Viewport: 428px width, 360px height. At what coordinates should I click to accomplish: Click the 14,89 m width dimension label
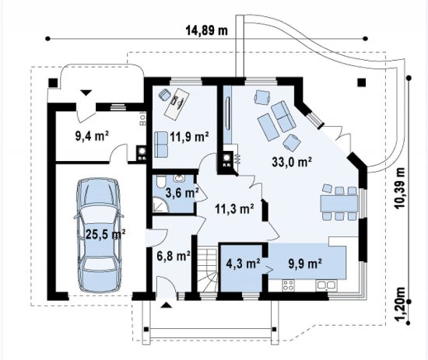pyautogui.click(x=207, y=30)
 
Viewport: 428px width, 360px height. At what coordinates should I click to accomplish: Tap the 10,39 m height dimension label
pyautogui.click(x=399, y=188)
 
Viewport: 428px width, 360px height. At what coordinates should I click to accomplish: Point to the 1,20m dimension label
pyautogui.click(x=400, y=304)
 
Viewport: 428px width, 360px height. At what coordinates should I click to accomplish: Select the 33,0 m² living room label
pyautogui.click(x=292, y=162)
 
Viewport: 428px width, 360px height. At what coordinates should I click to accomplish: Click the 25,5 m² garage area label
pyautogui.click(x=106, y=234)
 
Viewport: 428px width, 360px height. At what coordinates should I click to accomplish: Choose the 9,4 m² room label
pyautogui.click(x=93, y=136)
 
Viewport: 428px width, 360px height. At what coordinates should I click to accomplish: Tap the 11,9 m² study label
pyautogui.click(x=190, y=136)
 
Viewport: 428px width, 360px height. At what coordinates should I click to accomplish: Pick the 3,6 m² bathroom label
pyautogui.click(x=182, y=193)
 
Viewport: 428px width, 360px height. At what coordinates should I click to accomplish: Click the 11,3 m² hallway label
pyautogui.click(x=234, y=208)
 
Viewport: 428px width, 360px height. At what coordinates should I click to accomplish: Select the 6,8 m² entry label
pyautogui.click(x=174, y=256)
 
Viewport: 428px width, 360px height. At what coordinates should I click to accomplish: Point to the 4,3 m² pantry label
pyautogui.click(x=243, y=264)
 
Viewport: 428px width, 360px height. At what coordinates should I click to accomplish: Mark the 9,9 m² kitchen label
pyautogui.click(x=304, y=264)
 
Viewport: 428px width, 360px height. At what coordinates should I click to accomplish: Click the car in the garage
pyautogui.click(x=99, y=236)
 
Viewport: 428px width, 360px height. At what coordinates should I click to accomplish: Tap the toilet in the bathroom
pyautogui.click(x=160, y=182)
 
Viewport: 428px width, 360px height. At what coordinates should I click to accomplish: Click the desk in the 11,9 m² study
pyautogui.click(x=177, y=103)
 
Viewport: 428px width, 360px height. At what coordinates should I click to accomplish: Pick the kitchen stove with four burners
pyautogui.click(x=288, y=285)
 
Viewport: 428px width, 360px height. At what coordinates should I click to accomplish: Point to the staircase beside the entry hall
pyautogui.click(x=208, y=270)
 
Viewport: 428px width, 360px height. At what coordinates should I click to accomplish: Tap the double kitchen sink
pyautogui.click(x=326, y=285)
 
